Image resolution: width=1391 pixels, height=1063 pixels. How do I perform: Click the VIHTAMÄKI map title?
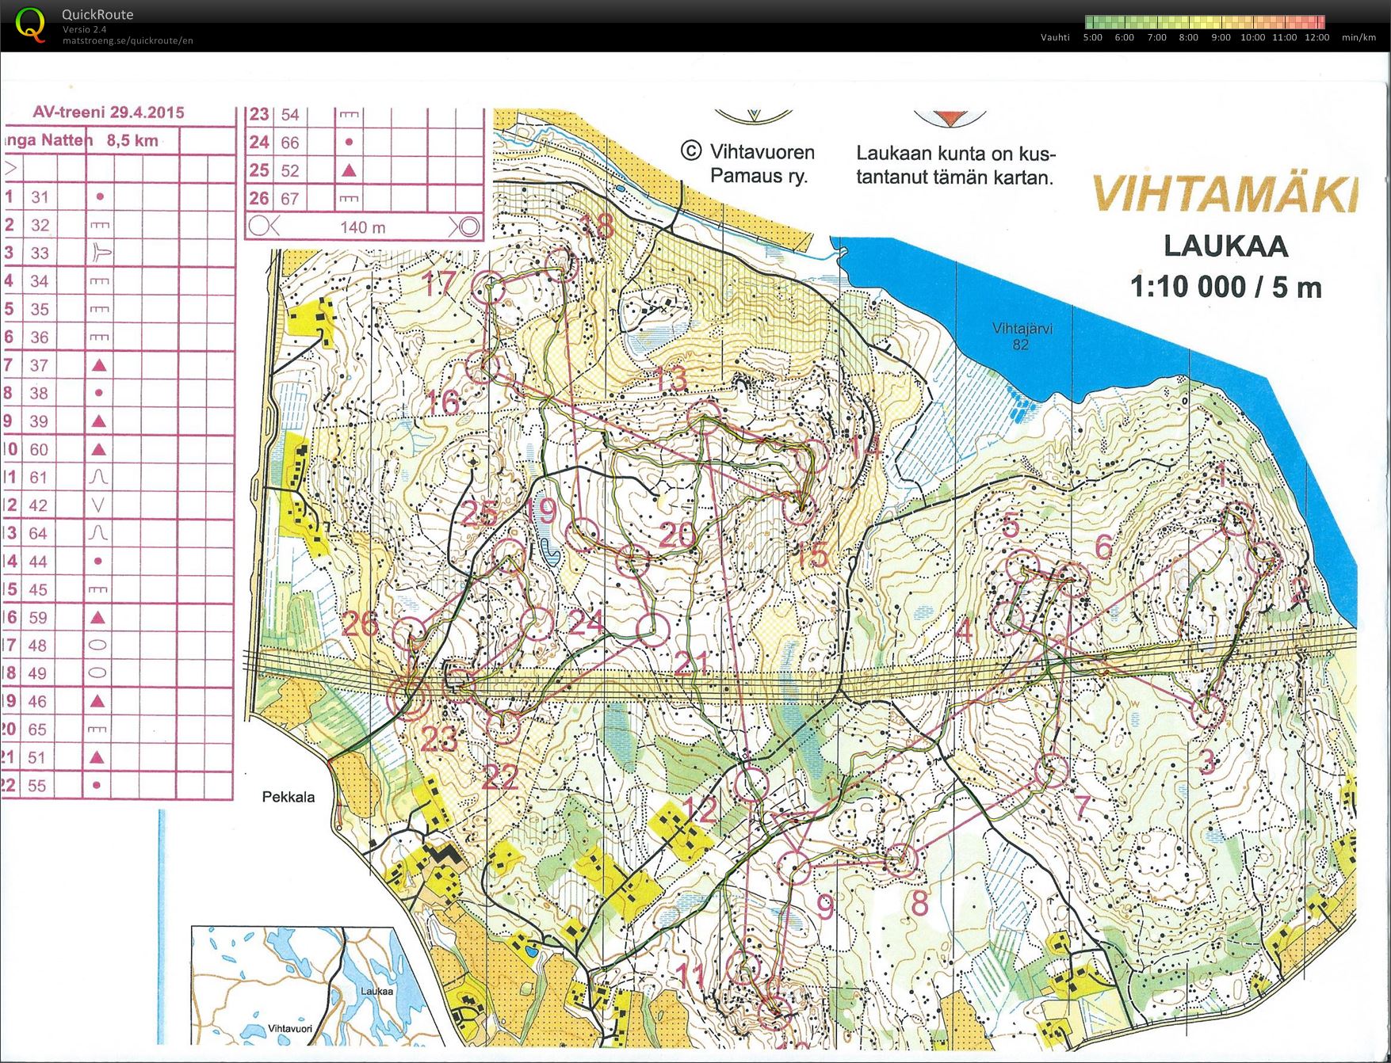tap(1225, 194)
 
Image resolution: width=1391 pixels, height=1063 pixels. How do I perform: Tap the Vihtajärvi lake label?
tap(1022, 329)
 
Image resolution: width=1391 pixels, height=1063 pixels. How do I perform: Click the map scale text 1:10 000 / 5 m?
tap(1225, 287)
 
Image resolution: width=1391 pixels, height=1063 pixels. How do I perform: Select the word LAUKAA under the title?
tap(1225, 246)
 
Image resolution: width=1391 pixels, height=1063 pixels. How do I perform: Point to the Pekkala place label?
tap(288, 797)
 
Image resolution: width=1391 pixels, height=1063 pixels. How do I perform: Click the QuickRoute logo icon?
tap(30, 25)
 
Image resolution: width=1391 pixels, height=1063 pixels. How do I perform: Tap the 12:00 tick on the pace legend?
tap(1316, 37)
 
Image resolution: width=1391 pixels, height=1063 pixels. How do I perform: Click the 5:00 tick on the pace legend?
tap(1092, 37)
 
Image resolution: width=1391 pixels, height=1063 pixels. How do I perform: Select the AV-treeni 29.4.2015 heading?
tap(109, 112)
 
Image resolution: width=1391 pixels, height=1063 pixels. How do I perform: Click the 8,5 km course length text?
tap(132, 141)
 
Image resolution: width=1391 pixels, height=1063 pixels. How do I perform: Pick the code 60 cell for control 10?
tap(39, 449)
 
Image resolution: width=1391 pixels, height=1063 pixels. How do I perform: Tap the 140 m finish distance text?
tap(362, 227)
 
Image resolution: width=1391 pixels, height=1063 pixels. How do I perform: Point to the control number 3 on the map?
tap(1207, 761)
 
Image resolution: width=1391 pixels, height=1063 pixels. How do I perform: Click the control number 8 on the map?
tap(919, 902)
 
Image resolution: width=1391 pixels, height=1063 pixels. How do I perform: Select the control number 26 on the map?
tap(360, 623)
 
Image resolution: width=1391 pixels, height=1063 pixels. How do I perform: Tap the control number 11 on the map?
tap(691, 975)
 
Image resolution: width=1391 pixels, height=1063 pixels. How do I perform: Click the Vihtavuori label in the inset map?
tap(290, 1028)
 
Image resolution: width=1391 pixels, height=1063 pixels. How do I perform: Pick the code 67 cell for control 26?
tap(290, 199)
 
